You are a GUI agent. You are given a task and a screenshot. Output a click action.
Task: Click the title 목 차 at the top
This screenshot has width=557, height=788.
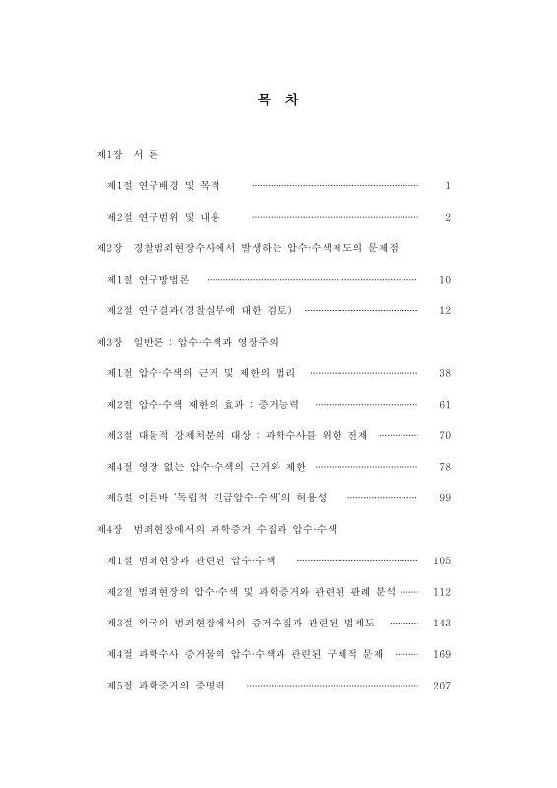tap(278, 100)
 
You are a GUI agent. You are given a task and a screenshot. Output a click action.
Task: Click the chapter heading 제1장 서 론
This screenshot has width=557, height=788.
tap(127, 155)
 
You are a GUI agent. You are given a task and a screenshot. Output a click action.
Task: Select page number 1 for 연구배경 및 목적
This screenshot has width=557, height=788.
tap(447, 185)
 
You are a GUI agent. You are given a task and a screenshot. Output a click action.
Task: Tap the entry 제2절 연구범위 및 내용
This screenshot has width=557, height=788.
tap(162, 217)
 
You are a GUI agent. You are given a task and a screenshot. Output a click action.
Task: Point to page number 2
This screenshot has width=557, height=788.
tap(447, 217)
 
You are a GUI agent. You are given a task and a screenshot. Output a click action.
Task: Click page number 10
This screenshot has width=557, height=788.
tap(445, 280)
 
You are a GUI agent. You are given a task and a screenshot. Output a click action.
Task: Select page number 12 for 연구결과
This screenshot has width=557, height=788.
tap(445, 310)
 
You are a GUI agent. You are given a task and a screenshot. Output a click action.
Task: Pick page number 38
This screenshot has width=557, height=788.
tap(445, 373)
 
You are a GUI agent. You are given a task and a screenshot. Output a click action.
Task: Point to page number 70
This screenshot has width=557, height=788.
tap(445, 435)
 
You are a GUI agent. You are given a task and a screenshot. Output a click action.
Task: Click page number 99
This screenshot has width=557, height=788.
tap(445, 498)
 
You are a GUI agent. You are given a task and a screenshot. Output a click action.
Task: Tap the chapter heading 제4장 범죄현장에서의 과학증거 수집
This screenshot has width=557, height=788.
tap(217, 529)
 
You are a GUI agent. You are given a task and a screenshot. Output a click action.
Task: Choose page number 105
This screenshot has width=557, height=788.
tap(442, 560)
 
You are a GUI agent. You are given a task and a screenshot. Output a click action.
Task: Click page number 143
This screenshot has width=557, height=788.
tap(442, 623)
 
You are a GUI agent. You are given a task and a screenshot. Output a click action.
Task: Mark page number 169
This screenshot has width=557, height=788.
tap(442, 654)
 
